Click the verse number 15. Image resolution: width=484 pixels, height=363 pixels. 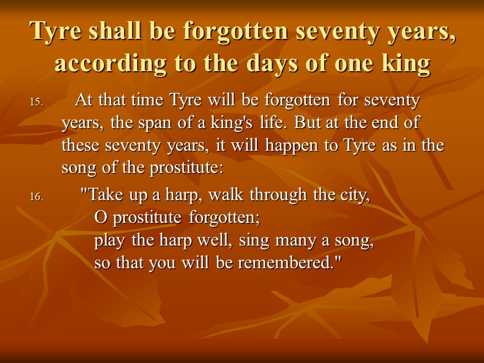(x=36, y=102)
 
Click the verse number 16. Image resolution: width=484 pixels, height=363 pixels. (x=36, y=197)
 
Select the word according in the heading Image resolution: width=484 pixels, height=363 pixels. (x=110, y=64)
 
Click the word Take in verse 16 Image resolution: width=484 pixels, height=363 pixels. (x=105, y=195)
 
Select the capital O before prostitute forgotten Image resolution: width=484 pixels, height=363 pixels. (x=100, y=217)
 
